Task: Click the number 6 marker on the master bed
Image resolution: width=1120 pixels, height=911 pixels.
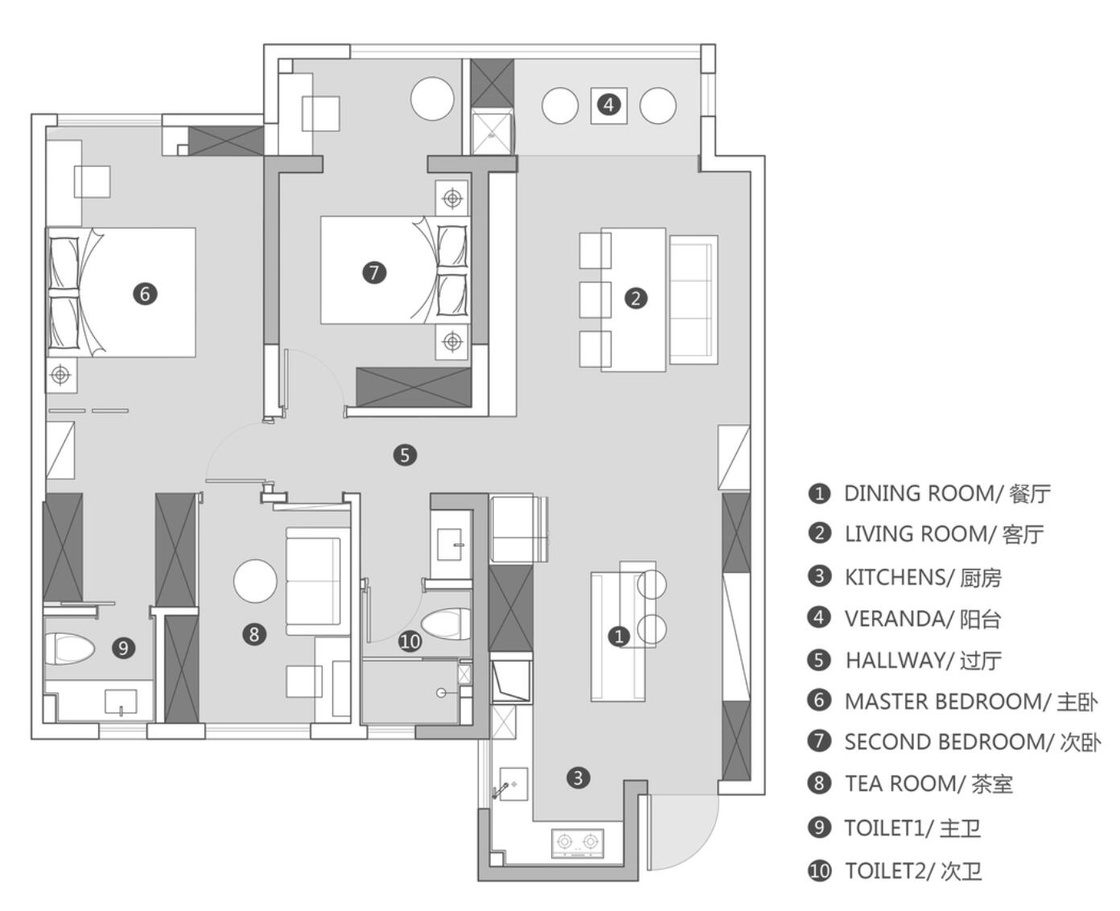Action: [x=145, y=294]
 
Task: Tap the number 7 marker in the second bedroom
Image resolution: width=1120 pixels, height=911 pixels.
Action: [x=374, y=273]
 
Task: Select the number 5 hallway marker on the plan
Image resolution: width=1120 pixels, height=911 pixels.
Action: [x=405, y=455]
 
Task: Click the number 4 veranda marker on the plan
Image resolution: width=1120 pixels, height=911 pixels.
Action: [x=608, y=105]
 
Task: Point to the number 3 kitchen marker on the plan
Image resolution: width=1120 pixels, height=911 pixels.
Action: [x=578, y=777]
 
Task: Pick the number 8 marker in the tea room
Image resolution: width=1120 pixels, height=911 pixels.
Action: [x=254, y=634]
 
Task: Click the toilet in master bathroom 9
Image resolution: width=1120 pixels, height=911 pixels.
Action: [x=69, y=649]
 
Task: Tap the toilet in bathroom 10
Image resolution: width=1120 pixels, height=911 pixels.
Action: [x=446, y=623]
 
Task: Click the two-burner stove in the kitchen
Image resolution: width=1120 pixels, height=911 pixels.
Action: [x=578, y=843]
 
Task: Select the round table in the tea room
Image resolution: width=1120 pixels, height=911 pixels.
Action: [x=255, y=581]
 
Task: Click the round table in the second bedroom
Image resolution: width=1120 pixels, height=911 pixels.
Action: [x=432, y=99]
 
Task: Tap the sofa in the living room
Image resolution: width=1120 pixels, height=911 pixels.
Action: [x=693, y=300]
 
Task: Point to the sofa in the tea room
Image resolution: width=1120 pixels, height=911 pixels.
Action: [x=318, y=581]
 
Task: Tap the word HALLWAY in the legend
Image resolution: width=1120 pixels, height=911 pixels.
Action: [x=900, y=660]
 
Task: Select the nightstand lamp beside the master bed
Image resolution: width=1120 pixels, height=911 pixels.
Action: [x=61, y=375]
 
